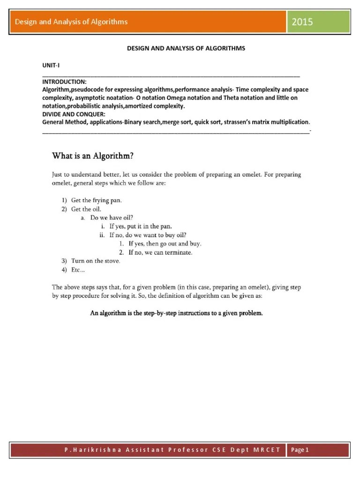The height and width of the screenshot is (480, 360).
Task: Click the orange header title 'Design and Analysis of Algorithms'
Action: click(x=71, y=22)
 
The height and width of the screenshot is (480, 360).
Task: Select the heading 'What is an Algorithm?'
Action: click(x=95, y=155)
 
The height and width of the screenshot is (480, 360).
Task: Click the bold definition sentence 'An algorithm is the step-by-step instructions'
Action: click(x=176, y=313)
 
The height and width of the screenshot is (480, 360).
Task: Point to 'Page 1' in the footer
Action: click(x=300, y=450)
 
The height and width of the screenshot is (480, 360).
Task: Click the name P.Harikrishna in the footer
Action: click(x=85, y=450)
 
